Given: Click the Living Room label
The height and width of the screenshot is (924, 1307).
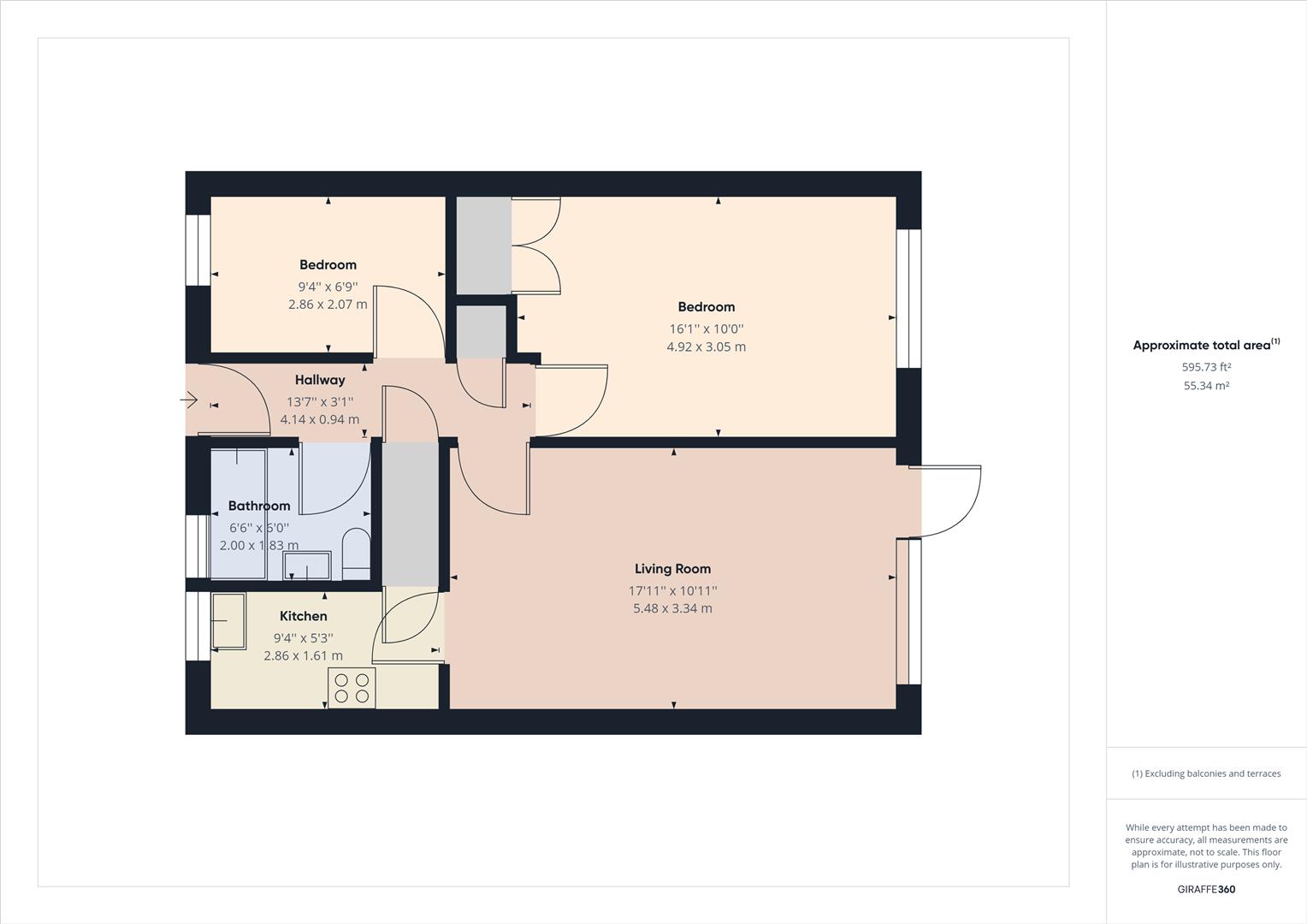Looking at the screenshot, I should coord(672,569).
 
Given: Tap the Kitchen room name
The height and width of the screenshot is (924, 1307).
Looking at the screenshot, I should coord(303,616).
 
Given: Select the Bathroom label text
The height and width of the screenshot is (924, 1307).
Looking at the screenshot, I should coord(259,506).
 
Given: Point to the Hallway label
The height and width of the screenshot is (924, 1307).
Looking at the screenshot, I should coord(320,380).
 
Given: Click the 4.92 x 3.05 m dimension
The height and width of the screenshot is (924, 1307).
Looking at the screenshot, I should coord(706,347).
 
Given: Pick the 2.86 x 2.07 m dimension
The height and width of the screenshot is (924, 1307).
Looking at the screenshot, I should coord(328,305).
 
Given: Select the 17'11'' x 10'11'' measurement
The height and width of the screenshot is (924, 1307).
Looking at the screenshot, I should coord(672,590).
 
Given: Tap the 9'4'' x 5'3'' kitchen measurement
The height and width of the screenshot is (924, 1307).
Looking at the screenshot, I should coord(303,638).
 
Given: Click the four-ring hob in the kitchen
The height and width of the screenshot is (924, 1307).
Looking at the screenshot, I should coord(352,688).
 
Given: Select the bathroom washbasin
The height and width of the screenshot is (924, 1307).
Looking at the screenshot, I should coord(306,566).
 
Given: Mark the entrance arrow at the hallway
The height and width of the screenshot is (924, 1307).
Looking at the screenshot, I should coord(190,400).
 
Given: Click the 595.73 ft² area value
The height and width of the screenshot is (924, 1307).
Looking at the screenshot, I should coord(1206,367).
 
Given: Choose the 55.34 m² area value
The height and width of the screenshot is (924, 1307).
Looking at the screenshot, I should coord(1206,386).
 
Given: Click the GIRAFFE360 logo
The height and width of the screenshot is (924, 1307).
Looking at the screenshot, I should coord(1206,890).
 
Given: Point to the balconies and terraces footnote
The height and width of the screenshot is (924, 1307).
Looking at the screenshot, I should coord(1206,773).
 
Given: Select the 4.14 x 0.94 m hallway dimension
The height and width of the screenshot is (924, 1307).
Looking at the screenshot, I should coord(320,420).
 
